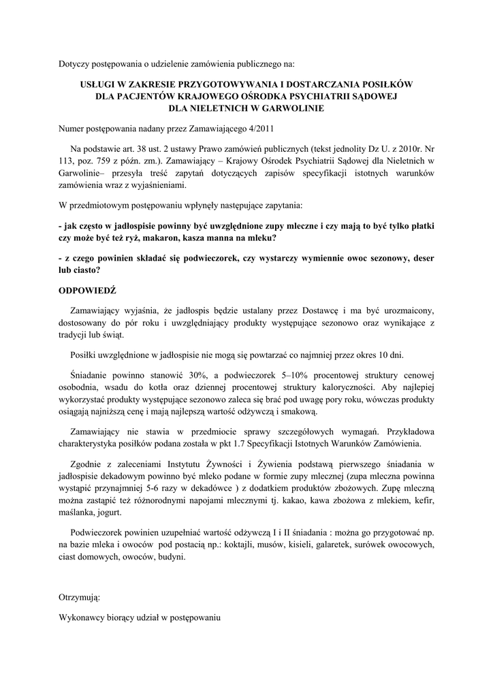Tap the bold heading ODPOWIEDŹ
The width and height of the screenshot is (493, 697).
point(88,289)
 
